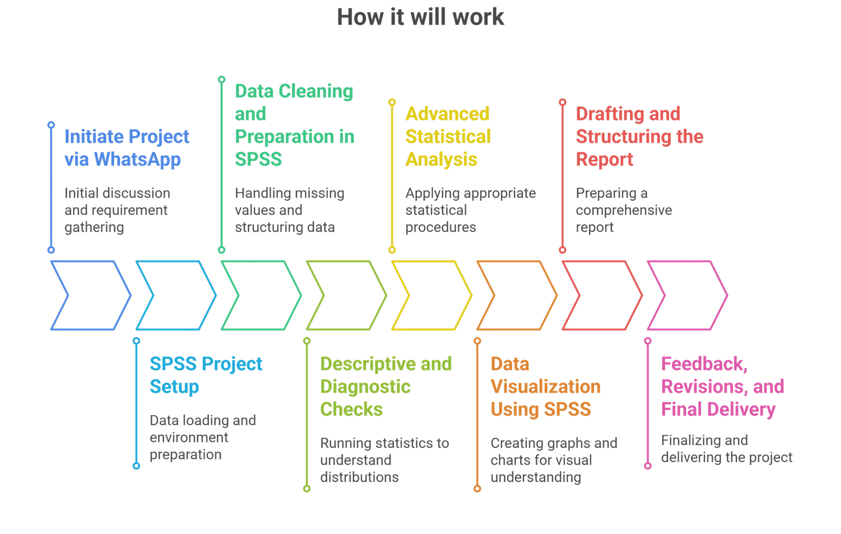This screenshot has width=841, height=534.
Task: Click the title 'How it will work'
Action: pos(420,17)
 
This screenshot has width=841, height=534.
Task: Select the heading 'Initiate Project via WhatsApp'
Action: pos(126,148)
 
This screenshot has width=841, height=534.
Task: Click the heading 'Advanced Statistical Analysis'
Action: pos(448,137)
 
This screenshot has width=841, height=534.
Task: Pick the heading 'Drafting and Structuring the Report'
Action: pos(639,137)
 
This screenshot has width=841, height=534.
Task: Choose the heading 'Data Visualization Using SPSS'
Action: pos(545,386)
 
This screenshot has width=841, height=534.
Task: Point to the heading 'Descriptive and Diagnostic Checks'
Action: pos(386,386)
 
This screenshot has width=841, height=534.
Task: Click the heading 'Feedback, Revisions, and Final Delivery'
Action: pos(723,386)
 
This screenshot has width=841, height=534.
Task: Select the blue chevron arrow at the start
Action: pos(90,295)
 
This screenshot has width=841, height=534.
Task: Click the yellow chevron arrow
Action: pos(431,295)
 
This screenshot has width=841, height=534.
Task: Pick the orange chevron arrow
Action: pos(517,295)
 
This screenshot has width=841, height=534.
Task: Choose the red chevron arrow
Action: pos(602,295)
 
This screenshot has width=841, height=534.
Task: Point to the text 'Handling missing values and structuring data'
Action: pos(289,210)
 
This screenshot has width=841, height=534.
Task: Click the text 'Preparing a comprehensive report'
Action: pos(623,210)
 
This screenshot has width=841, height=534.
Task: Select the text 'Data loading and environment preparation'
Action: pos(203,437)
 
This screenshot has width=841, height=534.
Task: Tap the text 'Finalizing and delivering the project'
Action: pos(726,449)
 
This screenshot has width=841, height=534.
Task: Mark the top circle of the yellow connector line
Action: pos(392,102)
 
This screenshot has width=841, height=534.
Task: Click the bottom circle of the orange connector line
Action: pos(477,488)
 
